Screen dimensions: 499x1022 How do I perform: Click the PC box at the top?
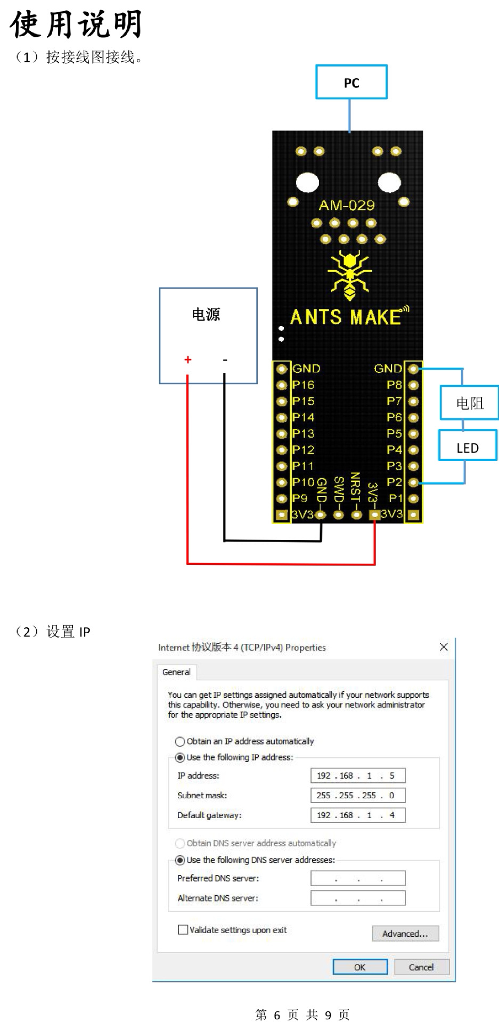[351, 82]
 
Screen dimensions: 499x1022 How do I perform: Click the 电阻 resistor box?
[469, 403]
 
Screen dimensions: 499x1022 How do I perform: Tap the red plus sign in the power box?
[187, 359]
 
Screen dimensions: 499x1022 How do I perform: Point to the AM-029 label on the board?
[347, 205]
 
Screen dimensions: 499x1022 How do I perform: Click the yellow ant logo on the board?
[349, 275]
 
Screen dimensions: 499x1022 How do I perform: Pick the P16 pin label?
[303, 385]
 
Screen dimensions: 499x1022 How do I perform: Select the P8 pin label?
[394, 385]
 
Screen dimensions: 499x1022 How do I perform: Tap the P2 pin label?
[394, 482]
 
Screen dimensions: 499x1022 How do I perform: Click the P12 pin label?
[303, 449]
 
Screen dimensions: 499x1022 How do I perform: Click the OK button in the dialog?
[359, 967]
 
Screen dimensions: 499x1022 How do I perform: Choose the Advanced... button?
[405, 933]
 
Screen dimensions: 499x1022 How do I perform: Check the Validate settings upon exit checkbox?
[183, 929]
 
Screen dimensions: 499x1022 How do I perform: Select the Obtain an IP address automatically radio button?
[180, 741]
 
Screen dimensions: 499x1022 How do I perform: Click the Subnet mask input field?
[358, 795]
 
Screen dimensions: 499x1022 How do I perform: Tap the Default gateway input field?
[358, 815]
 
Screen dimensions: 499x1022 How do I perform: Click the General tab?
[176, 672]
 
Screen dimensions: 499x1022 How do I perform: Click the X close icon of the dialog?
[444, 647]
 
